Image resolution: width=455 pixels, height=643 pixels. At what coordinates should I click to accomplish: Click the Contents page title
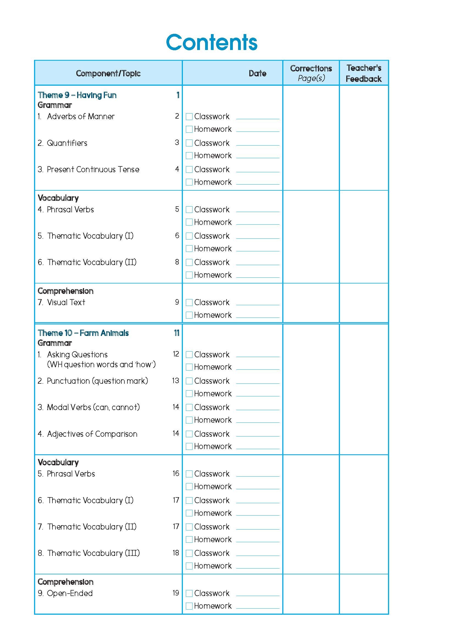pyautogui.click(x=211, y=42)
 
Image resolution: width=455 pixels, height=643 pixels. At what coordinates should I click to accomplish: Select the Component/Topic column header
pyautogui.click(x=108, y=73)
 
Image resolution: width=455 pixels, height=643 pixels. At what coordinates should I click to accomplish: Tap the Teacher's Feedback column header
pyautogui.click(x=363, y=73)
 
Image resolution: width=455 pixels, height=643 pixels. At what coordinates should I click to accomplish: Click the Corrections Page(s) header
pyautogui.click(x=311, y=73)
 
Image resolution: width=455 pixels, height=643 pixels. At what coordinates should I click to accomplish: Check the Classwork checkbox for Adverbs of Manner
pyautogui.click(x=189, y=116)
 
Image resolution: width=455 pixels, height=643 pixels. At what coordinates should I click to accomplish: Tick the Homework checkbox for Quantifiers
pyautogui.click(x=189, y=155)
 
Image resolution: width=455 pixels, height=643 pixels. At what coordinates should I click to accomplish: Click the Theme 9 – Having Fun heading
pyautogui.click(x=77, y=95)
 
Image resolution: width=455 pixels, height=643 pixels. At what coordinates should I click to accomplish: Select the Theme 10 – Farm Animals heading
pyautogui.click(x=83, y=333)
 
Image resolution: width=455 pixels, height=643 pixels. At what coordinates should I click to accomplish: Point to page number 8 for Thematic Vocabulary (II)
pyautogui.click(x=177, y=262)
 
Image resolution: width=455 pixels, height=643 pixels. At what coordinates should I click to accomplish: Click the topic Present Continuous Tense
pyautogui.click(x=93, y=169)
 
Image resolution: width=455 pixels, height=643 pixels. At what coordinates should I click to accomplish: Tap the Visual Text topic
pyautogui.click(x=66, y=302)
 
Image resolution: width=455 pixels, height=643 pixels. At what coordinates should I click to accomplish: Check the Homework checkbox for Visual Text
pyautogui.click(x=189, y=315)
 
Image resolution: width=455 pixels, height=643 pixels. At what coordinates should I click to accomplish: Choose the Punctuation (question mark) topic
pyautogui.click(x=97, y=381)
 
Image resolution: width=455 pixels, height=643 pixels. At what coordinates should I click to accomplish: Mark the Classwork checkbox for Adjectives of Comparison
pyautogui.click(x=189, y=434)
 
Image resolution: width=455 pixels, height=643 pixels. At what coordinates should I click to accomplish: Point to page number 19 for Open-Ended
pyautogui.click(x=176, y=593)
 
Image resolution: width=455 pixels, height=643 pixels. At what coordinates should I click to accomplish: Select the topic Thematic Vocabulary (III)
pyautogui.click(x=93, y=553)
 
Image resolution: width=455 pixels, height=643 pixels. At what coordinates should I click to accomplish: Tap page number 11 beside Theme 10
pyautogui.click(x=176, y=333)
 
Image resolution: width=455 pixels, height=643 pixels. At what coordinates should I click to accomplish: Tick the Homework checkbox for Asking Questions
pyautogui.click(x=189, y=367)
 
